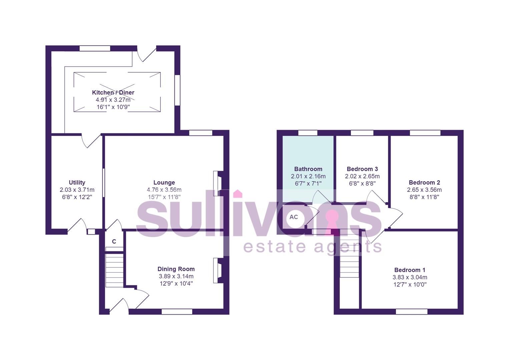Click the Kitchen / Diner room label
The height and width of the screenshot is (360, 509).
pos(113,92)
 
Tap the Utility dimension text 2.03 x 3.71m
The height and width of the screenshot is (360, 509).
pos(77,190)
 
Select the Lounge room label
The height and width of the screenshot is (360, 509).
pos(164,182)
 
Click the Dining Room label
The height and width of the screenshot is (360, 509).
pos(176,269)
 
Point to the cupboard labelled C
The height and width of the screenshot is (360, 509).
pos(114,241)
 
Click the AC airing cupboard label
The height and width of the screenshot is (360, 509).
pos(294,217)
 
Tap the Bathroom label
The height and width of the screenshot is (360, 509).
pos(308,169)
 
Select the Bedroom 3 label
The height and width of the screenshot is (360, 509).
pos(362,169)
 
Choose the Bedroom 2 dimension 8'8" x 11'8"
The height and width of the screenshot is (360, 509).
pos(424,197)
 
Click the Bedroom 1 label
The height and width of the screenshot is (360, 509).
pos(410,270)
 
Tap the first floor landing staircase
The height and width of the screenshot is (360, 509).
pos(350,263)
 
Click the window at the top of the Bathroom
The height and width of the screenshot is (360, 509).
pos(308,133)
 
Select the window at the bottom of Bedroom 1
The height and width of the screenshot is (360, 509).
pos(412,312)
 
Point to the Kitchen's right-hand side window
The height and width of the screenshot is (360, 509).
pos(178,90)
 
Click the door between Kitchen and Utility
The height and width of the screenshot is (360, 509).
pos(91,140)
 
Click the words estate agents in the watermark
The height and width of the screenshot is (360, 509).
pos(313,247)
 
